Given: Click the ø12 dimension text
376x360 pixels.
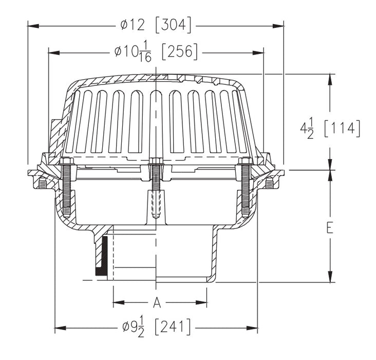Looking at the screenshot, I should click(x=135, y=24).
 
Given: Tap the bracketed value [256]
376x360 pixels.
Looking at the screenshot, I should click(x=179, y=52).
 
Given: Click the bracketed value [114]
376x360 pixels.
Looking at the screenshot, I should click(x=342, y=128).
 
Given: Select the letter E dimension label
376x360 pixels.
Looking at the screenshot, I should click(x=329, y=227).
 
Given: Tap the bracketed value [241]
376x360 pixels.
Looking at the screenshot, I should click(x=173, y=327).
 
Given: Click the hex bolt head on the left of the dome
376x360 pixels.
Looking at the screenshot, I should click(x=67, y=163).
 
